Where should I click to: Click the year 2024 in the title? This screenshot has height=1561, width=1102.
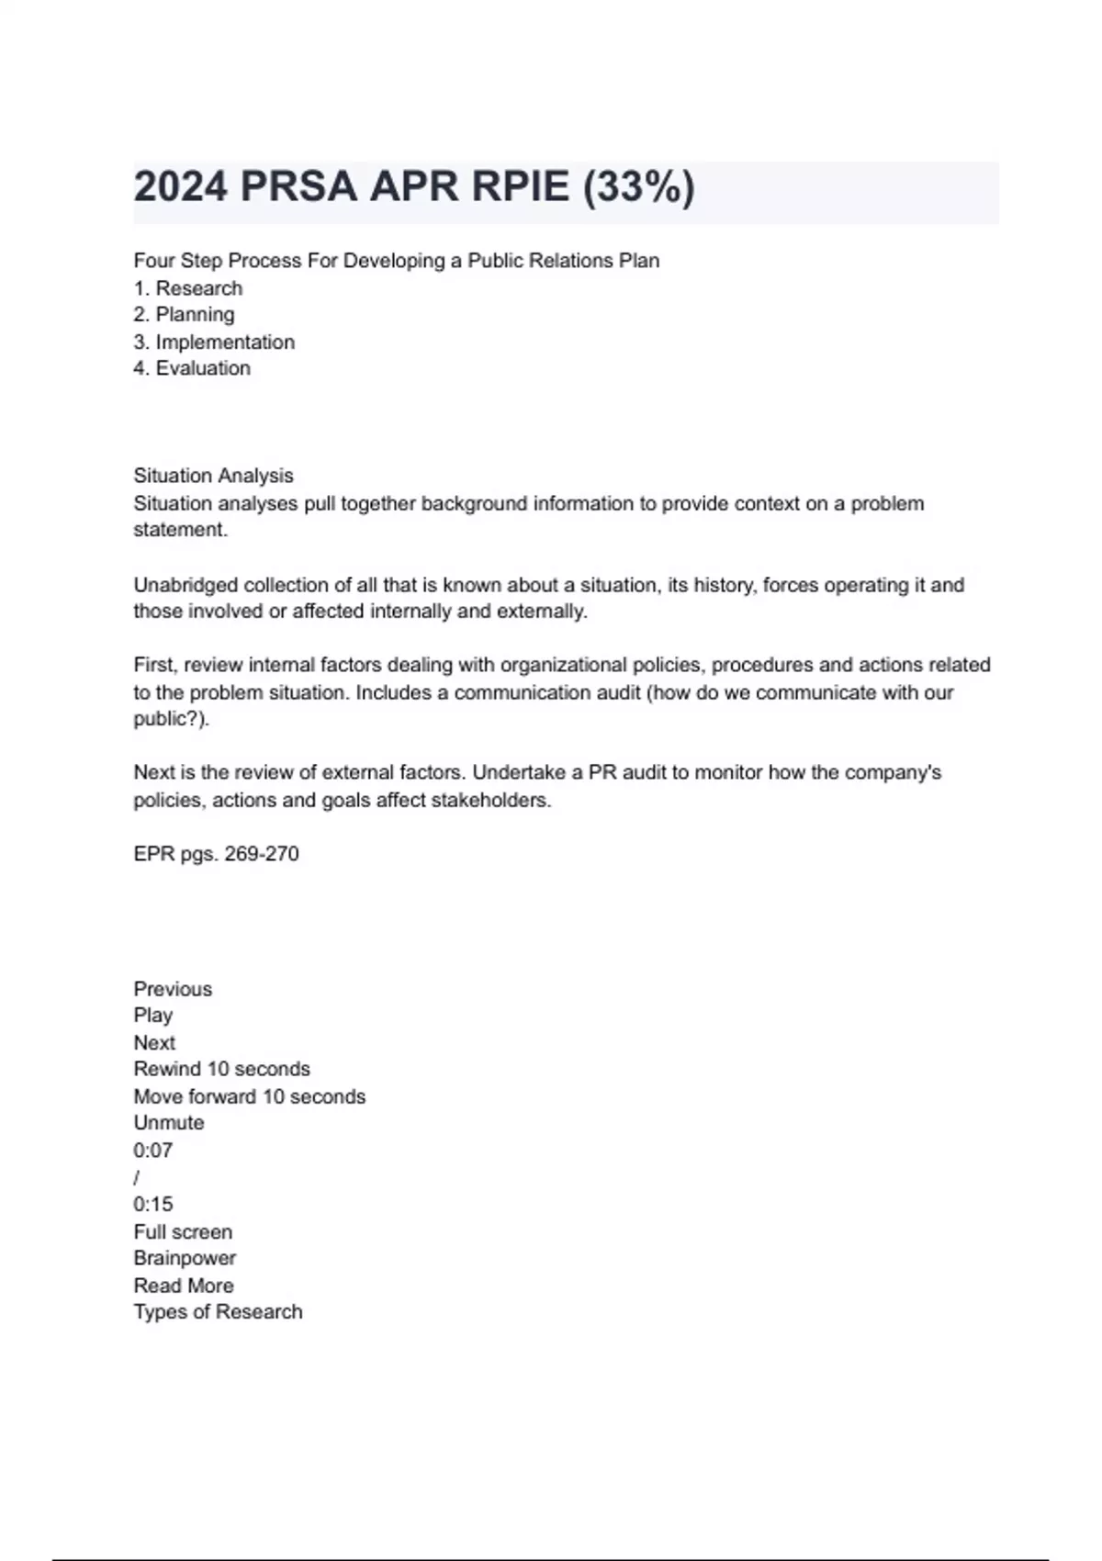click(x=180, y=187)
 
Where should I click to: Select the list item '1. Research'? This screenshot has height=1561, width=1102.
click(x=188, y=288)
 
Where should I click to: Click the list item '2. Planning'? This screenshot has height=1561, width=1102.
click(x=184, y=315)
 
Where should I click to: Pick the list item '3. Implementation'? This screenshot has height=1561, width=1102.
click(x=214, y=343)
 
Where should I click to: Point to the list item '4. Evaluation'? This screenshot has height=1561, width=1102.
click(x=192, y=368)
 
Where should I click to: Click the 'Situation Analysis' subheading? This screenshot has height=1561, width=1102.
click(x=213, y=476)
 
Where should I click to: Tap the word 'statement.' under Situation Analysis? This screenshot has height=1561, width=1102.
click(x=180, y=530)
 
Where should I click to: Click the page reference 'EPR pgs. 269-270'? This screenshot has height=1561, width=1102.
click(x=216, y=854)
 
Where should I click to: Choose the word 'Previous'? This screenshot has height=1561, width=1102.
click(x=173, y=989)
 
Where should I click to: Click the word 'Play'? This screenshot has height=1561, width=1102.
click(x=152, y=1016)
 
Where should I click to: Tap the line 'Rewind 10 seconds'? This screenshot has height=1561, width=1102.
click(x=221, y=1069)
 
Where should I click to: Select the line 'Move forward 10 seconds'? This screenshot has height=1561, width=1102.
click(x=249, y=1096)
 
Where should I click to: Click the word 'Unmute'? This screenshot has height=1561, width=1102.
click(x=169, y=1123)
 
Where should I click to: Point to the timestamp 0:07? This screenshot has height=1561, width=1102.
click(x=152, y=1151)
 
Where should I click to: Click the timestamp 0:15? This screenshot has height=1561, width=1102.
click(x=152, y=1205)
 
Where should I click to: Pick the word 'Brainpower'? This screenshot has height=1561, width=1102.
click(x=185, y=1258)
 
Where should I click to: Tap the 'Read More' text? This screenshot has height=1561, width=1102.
click(x=184, y=1286)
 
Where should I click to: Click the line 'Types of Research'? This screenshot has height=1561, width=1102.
click(x=218, y=1312)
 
